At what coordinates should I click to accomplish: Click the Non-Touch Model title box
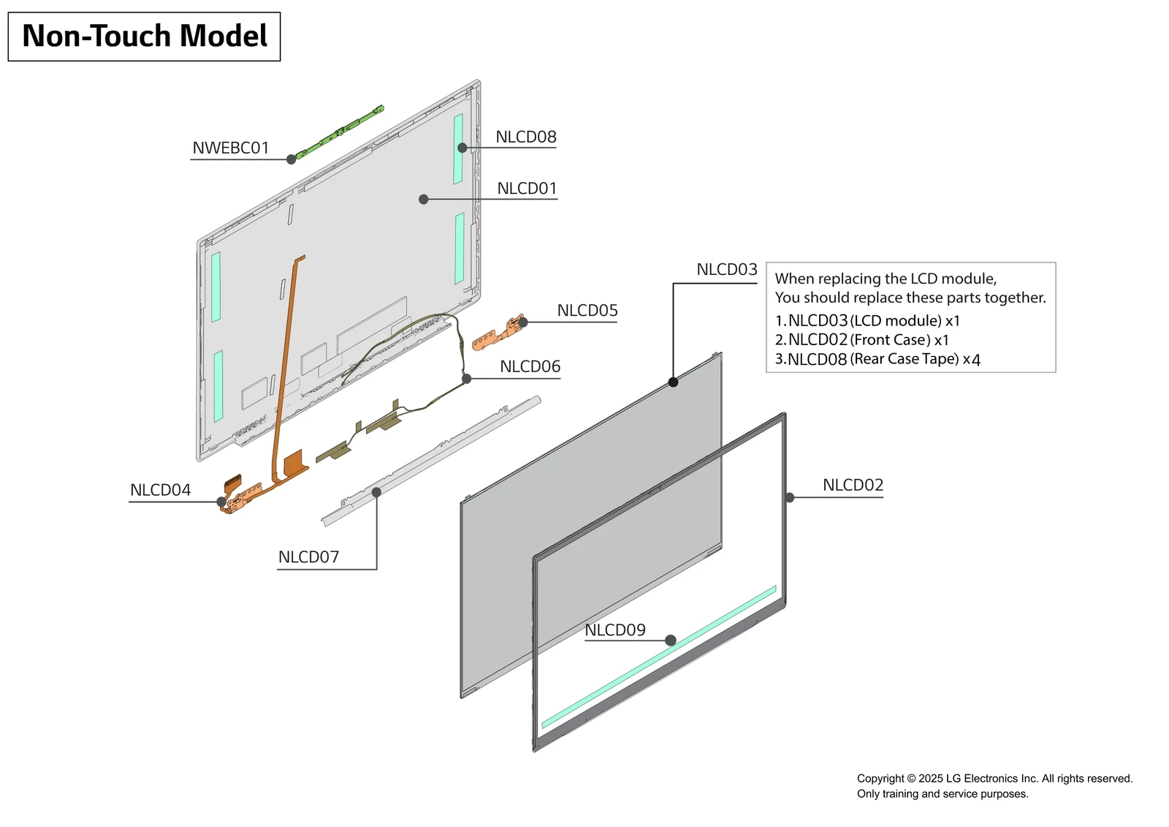(x=144, y=37)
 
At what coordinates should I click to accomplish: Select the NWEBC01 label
(x=230, y=148)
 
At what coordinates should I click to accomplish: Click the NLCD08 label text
(x=525, y=137)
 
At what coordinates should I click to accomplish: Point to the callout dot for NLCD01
(x=423, y=199)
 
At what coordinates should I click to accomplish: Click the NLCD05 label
(x=587, y=310)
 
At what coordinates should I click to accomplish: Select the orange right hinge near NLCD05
(x=498, y=333)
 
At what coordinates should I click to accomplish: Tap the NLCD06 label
(x=530, y=366)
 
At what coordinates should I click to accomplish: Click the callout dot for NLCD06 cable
(x=466, y=379)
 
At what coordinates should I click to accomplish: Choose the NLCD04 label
(x=160, y=490)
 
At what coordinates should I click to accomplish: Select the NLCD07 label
(x=308, y=556)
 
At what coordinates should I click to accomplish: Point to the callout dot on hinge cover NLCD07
(x=376, y=492)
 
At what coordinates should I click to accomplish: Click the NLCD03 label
(x=726, y=269)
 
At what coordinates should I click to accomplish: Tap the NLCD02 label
(x=853, y=485)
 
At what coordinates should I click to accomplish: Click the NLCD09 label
(x=614, y=630)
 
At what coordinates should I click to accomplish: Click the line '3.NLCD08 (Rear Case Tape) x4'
(x=877, y=359)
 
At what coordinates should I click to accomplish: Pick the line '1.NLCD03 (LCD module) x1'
(x=867, y=320)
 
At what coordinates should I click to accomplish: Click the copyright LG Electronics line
(x=994, y=778)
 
